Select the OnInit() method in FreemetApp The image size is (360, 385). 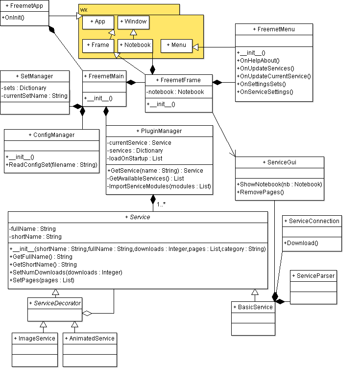(13, 18)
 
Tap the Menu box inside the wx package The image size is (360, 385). (176, 45)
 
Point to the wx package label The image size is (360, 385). (84, 10)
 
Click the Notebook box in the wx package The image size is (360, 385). (135, 45)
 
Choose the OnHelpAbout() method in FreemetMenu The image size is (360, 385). (258, 61)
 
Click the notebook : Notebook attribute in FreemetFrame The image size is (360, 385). (175, 92)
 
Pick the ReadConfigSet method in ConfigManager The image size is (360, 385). (51, 165)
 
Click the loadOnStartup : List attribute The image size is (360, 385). (135, 159)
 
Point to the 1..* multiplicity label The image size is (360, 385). (161, 204)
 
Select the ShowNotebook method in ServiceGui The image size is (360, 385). (279, 184)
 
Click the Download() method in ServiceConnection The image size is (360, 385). (301, 243)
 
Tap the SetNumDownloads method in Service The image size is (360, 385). (66, 272)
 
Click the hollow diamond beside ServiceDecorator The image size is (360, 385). (87, 313)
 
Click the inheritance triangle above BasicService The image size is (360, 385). (255, 292)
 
